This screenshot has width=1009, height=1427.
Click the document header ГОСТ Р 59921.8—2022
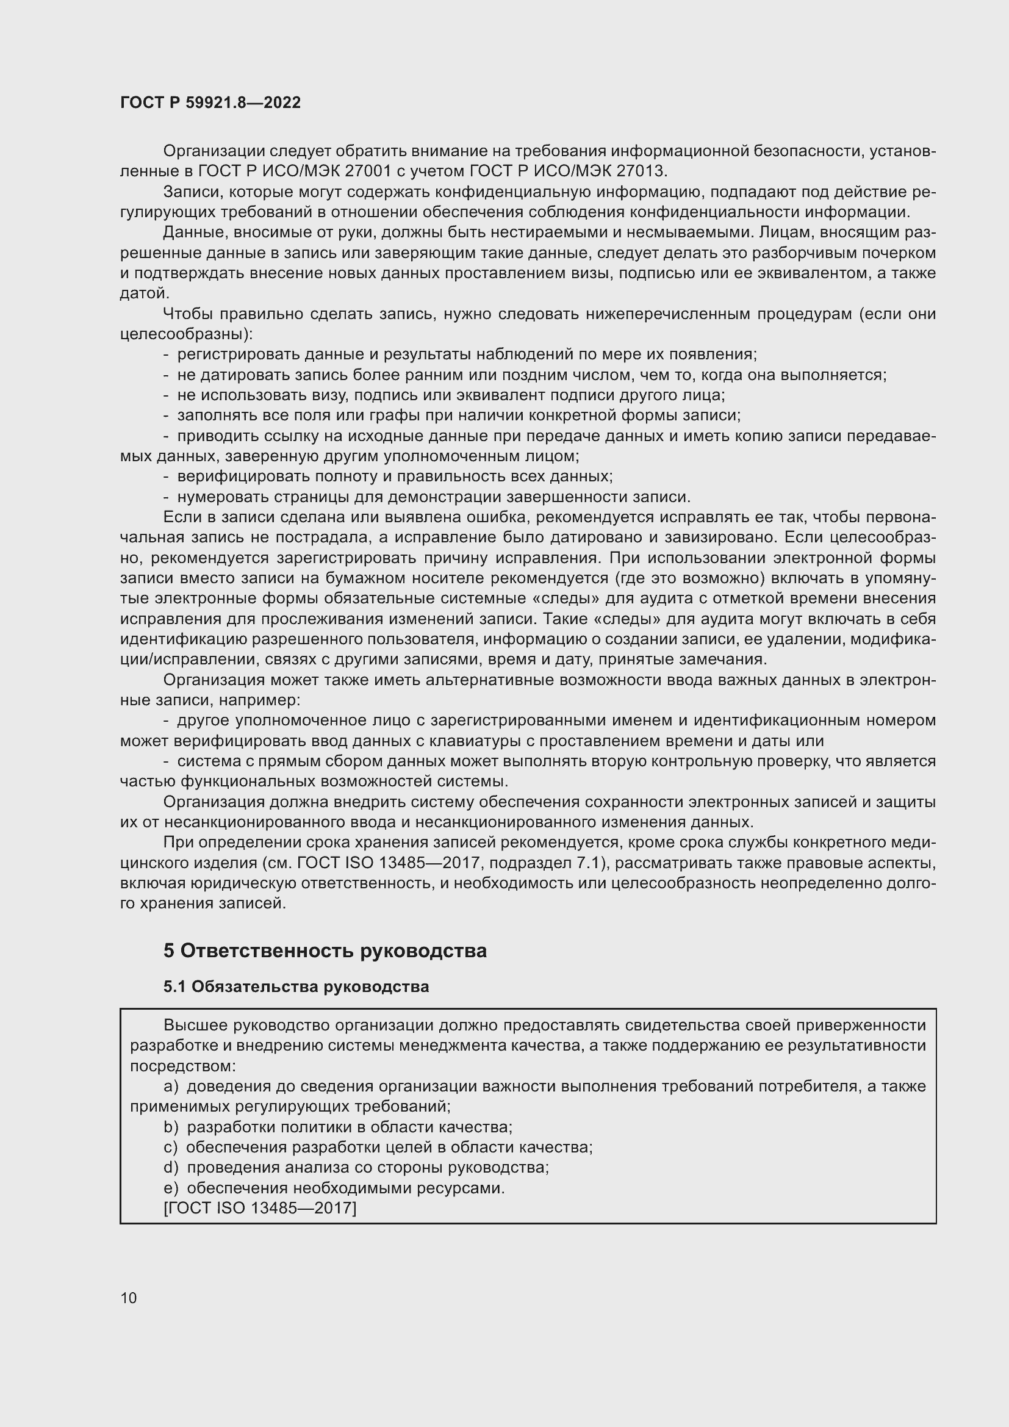pyautogui.click(x=210, y=102)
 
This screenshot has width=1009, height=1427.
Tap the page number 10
pyautogui.click(x=129, y=1298)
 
